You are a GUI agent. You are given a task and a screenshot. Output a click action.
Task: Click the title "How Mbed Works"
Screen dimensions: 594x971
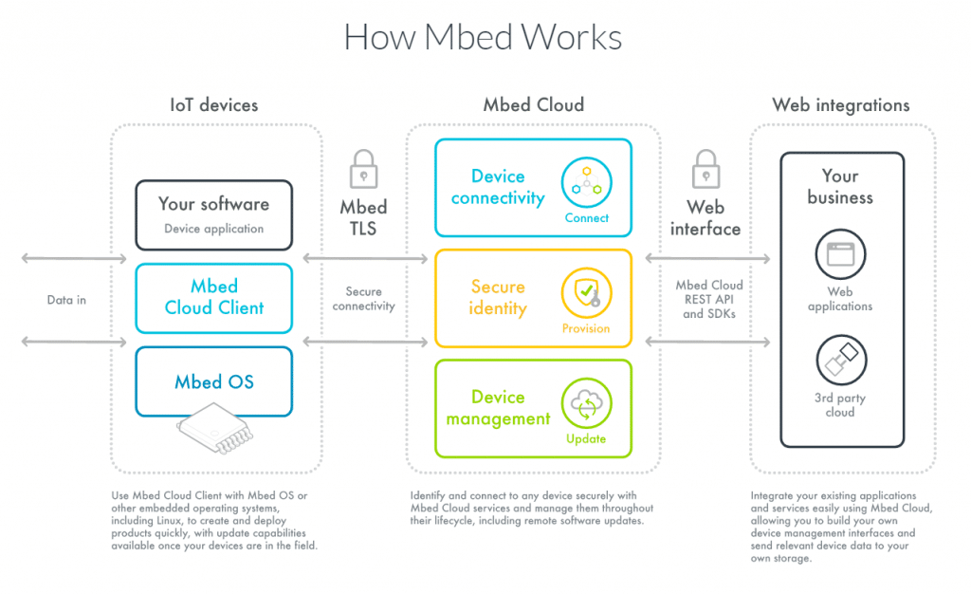tap(483, 38)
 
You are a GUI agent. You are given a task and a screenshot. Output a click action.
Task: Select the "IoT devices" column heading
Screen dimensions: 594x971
tap(213, 105)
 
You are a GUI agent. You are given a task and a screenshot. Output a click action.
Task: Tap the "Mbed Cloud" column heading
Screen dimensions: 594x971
tap(533, 105)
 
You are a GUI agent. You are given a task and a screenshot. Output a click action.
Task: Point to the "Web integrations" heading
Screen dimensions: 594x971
tap(840, 105)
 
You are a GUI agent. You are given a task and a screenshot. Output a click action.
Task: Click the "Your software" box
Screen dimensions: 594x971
tap(213, 214)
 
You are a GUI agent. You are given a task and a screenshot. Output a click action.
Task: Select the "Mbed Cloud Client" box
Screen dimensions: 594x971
tap(213, 297)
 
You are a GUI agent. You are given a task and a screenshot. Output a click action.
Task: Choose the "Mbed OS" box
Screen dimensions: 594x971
tap(213, 382)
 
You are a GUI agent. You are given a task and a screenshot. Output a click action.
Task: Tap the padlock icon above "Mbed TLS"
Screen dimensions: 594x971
tap(364, 170)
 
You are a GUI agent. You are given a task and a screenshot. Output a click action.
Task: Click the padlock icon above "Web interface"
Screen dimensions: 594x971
tap(705, 170)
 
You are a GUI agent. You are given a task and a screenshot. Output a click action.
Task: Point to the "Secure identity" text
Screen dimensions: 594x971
tap(498, 297)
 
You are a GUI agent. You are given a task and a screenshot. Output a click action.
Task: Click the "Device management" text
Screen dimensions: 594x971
tap(498, 408)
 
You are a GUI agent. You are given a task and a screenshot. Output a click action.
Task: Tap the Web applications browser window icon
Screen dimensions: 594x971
tap(840, 254)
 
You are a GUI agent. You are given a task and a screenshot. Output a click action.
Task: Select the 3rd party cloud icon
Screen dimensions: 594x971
tap(840, 361)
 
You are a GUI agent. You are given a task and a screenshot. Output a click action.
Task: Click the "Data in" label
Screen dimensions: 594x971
tap(66, 300)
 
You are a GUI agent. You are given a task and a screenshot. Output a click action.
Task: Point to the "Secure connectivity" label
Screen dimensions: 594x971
tap(364, 299)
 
